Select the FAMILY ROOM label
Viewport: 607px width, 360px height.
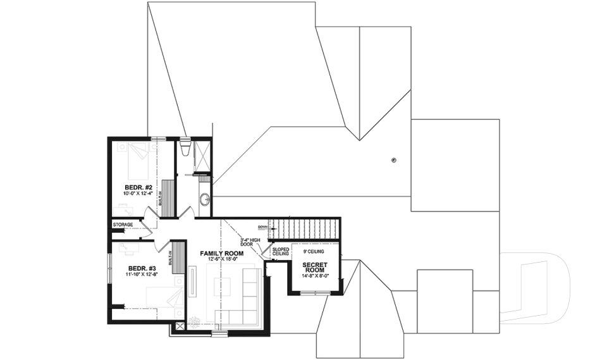221,253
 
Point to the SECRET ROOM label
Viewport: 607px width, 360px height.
314,268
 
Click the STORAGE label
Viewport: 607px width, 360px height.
123,225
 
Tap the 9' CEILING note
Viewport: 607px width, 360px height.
314,251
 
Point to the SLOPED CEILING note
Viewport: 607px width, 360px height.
280,251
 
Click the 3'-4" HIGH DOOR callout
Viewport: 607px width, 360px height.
251,243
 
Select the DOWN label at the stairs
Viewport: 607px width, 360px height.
263,227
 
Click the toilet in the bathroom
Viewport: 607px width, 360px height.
185,148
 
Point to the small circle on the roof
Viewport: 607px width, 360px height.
393,160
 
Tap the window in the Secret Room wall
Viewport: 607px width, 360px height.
314,294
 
